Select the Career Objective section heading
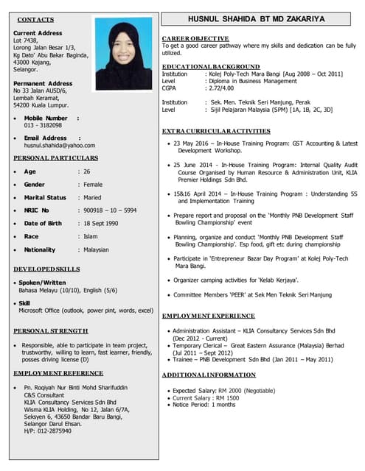[x=195, y=38]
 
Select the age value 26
[x=87, y=171]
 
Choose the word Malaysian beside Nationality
[x=96, y=249]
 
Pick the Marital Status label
[x=45, y=197]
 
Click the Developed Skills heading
[x=46, y=269]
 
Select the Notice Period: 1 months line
[x=204, y=405]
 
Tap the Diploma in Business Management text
[x=254, y=80]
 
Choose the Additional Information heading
[x=209, y=375]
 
